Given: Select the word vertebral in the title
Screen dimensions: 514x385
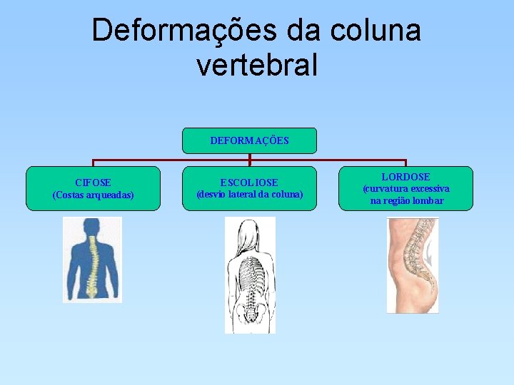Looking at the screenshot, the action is click(256, 66).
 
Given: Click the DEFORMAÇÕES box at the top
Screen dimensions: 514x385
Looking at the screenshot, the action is click(249, 140).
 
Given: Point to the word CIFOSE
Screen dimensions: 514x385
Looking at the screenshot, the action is click(93, 183).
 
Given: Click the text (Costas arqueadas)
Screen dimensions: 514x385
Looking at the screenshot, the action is click(93, 195).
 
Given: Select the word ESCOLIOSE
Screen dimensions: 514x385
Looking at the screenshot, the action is click(249, 183).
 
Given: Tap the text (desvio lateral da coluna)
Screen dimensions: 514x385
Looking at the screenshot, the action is click(249, 195).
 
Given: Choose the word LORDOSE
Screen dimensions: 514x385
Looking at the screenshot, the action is click(405, 177).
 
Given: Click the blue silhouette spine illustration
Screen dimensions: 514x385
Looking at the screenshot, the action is click(92, 260).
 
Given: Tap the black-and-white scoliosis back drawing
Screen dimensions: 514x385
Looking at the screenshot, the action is click(250, 275).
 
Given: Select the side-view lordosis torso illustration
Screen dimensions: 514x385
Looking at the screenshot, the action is click(413, 265).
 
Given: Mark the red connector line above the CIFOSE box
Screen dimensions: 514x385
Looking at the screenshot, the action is click(93, 162).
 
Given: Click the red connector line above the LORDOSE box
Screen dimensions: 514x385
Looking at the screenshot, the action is click(405, 162).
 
